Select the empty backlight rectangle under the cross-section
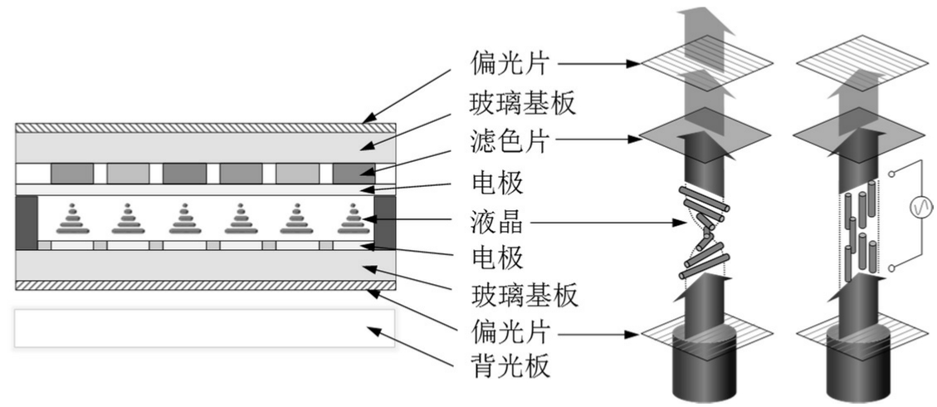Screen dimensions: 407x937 pyautogui.click(x=205, y=328)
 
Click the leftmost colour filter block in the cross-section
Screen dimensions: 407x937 pyautogui.click(x=72, y=174)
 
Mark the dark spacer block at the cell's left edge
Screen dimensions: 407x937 pyautogui.click(x=27, y=222)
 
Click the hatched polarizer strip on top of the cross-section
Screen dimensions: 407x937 pyautogui.click(x=205, y=127)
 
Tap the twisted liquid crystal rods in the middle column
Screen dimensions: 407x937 pyautogui.click(x=703, y=233)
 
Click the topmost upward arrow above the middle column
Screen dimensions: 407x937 pyautogui.click(x=703, y=29)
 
